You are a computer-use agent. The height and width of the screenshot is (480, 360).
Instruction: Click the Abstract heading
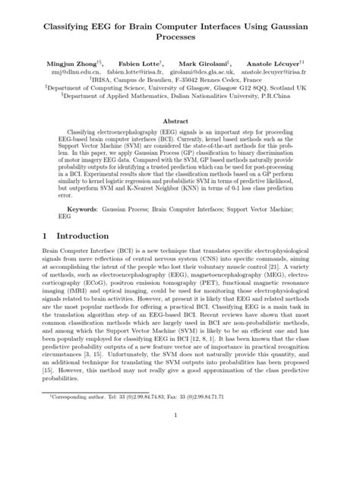[180, 120]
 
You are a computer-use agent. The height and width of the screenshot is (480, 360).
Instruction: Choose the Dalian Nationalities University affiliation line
[180, 96]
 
